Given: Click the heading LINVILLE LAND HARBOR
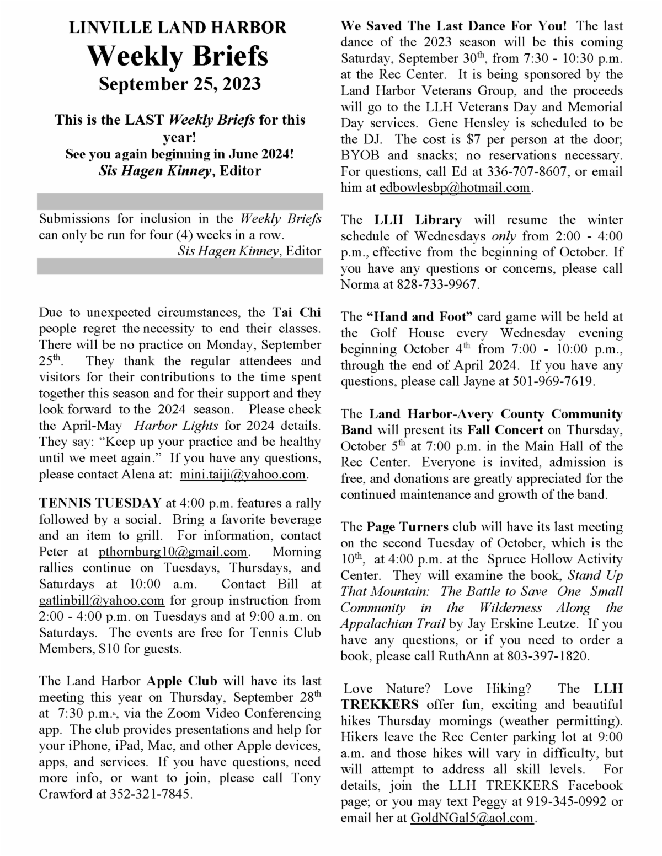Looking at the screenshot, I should (x=178, y=28).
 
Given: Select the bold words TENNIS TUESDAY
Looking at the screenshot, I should (x=100, y=503).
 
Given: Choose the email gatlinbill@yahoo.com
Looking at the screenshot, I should (x=102, y=600).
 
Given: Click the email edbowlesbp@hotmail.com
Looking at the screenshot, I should (x=455, y=187).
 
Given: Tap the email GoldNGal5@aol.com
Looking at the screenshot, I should (x=472, y=818).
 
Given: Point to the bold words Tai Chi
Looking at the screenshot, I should (x=296, y=313).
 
